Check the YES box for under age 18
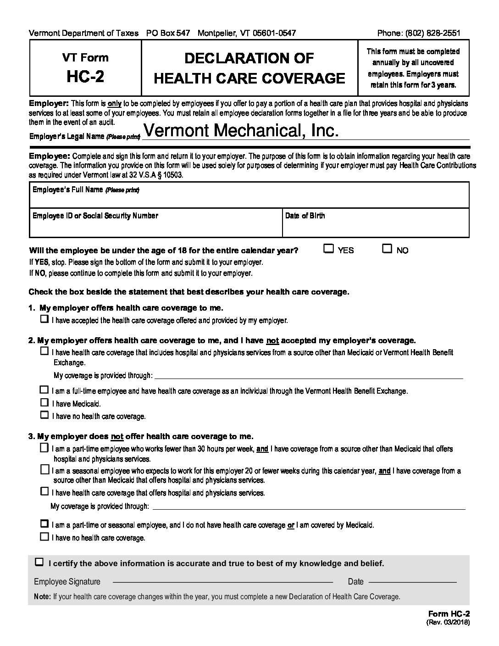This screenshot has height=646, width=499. tap(328, 249)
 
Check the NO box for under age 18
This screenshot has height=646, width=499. tap(387, 249)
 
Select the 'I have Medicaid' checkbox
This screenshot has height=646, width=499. tap(44, 402)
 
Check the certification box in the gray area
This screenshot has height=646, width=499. tap(39, 562)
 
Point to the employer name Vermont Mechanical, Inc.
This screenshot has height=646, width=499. tap(240, 131)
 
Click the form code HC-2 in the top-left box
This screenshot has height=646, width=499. tap(85, 76)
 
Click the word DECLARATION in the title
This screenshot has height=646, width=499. tap(249, 58)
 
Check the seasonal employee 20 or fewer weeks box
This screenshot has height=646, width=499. tap(44, 469)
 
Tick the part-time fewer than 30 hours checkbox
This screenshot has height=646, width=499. tap(44, 447)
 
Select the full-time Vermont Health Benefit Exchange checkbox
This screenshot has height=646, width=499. tap(44, 390)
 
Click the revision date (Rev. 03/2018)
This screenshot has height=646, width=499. tap(447, 623)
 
